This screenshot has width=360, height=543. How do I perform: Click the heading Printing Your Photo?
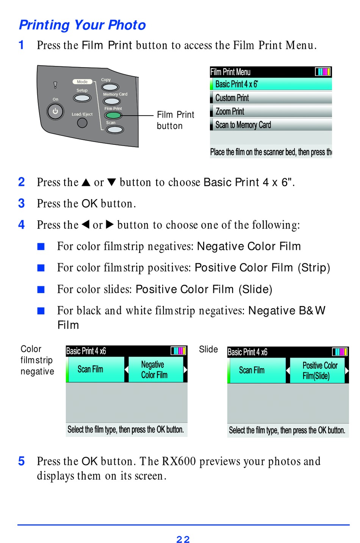point(82,25)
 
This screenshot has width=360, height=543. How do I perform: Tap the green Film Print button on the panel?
point(113,115)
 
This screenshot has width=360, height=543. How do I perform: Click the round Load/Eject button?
point(82,122)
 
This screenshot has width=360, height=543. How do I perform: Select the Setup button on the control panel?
point(82,98)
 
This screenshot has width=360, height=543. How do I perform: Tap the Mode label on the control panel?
point(82,82)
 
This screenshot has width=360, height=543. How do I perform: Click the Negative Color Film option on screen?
point(154,370)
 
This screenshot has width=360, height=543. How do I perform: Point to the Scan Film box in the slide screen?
point(252,370)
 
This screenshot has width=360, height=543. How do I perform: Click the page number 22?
point(183,539)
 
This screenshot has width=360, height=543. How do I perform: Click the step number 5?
point(22,461)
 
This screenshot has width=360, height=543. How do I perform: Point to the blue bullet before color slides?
point(41,290)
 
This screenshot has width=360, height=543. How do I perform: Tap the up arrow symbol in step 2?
point(86,182)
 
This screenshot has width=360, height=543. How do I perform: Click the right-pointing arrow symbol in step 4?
point(110,224)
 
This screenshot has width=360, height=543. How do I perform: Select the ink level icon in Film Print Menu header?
point(323,72)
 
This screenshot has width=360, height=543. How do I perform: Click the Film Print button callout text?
point(175,120)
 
